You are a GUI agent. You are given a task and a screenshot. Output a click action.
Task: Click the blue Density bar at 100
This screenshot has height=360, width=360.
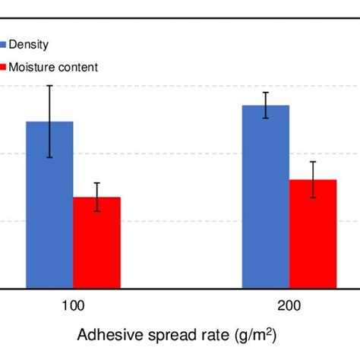(x=49, y=205)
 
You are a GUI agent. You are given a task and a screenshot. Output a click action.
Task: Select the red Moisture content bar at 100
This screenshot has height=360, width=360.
(x=96, y=243)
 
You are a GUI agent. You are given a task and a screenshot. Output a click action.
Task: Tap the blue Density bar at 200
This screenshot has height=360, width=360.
(x=266, y=197)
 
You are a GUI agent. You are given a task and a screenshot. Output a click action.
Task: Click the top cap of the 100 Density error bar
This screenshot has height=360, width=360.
(x=49, y=85)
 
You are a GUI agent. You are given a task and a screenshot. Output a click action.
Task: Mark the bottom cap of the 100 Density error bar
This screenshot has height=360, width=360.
(x=49, y=157)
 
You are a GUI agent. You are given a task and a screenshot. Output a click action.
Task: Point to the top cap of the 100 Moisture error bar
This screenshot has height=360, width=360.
(x=96, y=183)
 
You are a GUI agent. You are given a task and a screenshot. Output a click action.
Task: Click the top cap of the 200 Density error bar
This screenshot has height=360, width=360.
(x=266, y=93)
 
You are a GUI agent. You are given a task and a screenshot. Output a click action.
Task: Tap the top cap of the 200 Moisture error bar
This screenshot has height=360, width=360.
(x=313, y=162)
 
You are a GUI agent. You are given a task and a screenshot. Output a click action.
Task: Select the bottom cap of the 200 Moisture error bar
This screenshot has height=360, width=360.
(x=313, y=198)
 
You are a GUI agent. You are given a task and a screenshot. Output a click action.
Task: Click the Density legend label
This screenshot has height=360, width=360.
(x=28, y=46)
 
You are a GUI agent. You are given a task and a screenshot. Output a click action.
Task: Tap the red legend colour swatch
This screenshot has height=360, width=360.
(x=3, y=67)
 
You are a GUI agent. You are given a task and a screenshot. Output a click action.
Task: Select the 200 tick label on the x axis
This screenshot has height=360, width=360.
(x=289, y=306)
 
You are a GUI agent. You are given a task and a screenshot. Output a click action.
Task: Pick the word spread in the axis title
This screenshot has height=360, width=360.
(x=163, y=335)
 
